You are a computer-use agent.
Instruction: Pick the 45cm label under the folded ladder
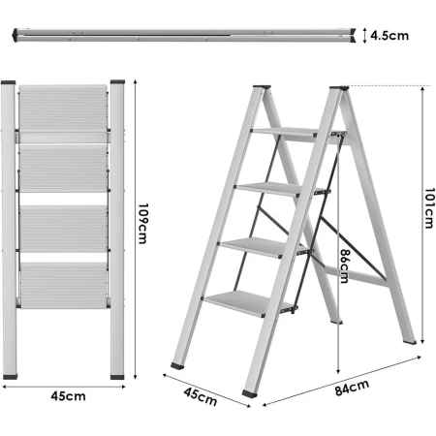63,395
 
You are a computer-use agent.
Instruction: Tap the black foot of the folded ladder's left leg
11,373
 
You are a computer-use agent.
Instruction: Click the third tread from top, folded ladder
64,227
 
